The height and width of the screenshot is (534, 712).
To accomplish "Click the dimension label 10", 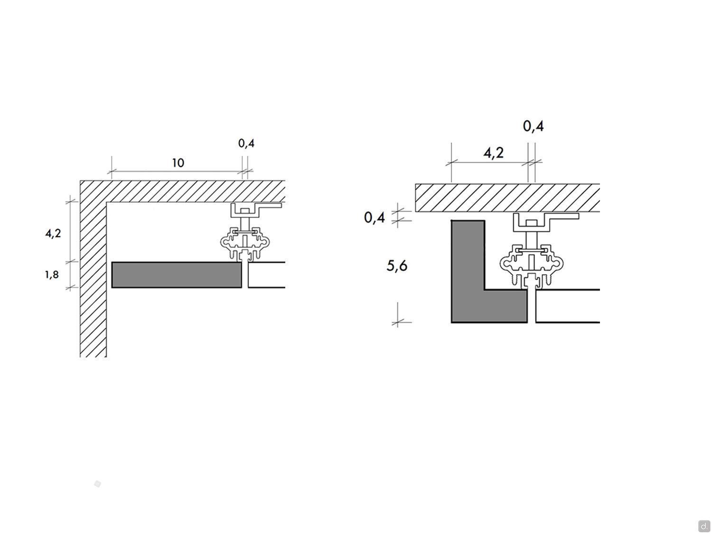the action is coord(178,162).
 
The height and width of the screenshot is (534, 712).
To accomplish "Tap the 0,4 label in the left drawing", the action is coord(246,143).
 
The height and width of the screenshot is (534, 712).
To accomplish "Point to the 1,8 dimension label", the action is coord(52,274).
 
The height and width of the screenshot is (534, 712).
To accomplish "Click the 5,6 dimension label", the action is coord(397,265).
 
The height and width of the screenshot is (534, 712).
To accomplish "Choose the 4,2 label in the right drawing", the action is coord(493,152).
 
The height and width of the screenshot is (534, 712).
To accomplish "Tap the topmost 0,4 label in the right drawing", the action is coord(533,126).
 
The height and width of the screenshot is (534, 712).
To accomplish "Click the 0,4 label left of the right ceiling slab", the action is coord(375,217).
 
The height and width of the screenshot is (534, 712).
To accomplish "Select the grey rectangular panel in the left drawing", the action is coord(177,275).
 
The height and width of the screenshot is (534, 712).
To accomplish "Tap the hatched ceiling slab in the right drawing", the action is coord(507,198).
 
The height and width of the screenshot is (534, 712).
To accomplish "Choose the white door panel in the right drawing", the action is coord(567,306).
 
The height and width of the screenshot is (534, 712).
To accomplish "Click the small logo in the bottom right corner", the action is coord(703,525).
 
